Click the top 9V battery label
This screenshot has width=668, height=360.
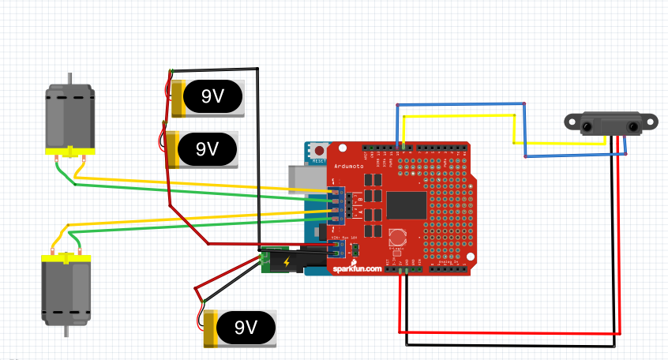coord(211,96)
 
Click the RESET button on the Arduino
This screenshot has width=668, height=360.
coord(319,151)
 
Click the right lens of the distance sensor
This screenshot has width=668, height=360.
coord(633,126)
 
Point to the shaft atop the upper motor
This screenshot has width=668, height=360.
coord(71,78)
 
